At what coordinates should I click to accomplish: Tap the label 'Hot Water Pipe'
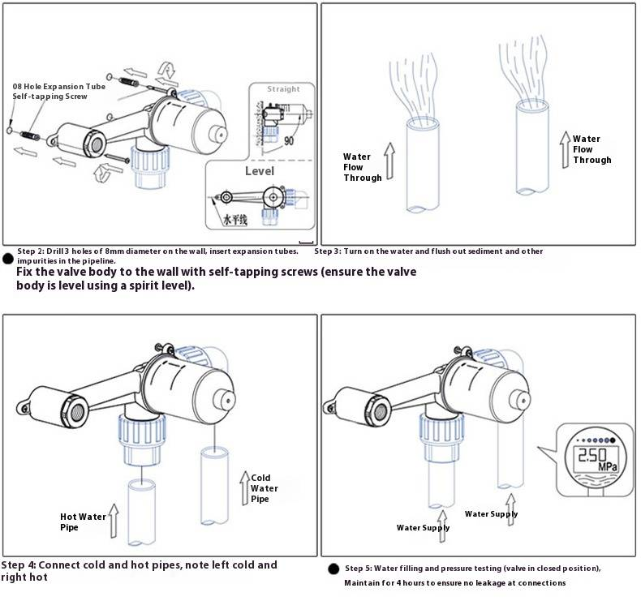[82, 522]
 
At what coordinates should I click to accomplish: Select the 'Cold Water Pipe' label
[264, 488]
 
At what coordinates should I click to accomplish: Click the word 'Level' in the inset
[260, 171]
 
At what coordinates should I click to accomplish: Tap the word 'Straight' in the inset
[283, 88]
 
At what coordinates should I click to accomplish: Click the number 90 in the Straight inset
[289, 140]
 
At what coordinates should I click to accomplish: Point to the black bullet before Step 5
[333, 569]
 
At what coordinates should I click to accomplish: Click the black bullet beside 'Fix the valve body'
[7, 259]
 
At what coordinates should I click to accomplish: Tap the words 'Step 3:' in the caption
[329, 251]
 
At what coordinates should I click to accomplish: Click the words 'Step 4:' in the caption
[19, 565]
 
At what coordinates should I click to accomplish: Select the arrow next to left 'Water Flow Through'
[388, 160]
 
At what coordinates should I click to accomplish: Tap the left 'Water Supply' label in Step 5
[423, 528]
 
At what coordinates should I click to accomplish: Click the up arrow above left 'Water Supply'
[441, 517]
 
